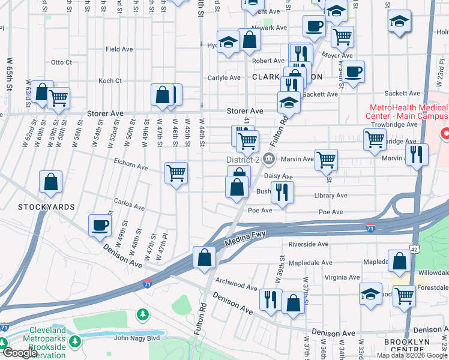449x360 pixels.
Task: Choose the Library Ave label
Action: pos(330,196)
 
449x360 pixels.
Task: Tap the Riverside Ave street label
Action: pos(309,245)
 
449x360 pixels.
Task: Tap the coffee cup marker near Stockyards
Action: pos(100,226)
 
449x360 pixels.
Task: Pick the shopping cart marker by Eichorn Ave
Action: pos(176,173)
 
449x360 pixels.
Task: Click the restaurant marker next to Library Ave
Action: pos(281,192)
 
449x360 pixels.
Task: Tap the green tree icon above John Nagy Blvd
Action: pos(142,314)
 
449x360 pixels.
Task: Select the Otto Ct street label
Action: pos(61,62)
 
